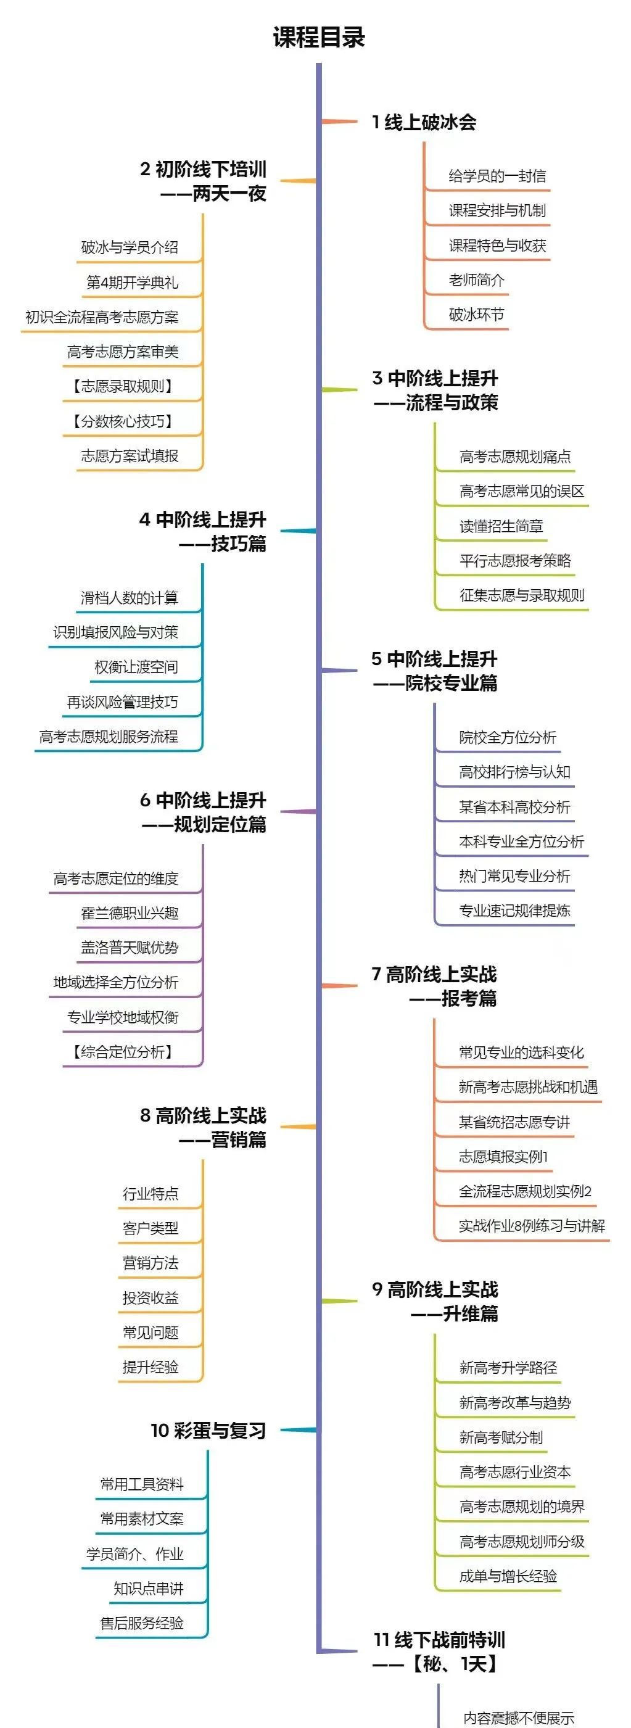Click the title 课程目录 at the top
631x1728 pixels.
[318, 37]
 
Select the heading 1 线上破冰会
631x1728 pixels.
[424, 122]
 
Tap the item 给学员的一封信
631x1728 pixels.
[497, 176]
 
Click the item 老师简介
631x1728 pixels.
[476, 279]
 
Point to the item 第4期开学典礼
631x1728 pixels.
[132, 282]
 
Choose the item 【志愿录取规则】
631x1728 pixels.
[123, 386]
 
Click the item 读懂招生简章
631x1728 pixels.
[501, 526]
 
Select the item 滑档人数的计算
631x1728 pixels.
[130, 597]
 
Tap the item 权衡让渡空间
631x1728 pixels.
[136, 667]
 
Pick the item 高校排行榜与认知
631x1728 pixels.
[514, 772]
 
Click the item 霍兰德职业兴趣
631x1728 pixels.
[130, 913]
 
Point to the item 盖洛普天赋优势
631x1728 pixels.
[130, 947]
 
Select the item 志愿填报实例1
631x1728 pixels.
[503, 1157]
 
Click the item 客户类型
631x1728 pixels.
[151, 1228]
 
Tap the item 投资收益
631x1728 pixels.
[151, 1297]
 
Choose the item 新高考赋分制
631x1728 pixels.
[501, 1437]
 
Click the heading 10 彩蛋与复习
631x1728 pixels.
[208, 1431]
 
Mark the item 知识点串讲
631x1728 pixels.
[148, 1589]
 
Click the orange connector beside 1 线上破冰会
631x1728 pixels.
[339, 122]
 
